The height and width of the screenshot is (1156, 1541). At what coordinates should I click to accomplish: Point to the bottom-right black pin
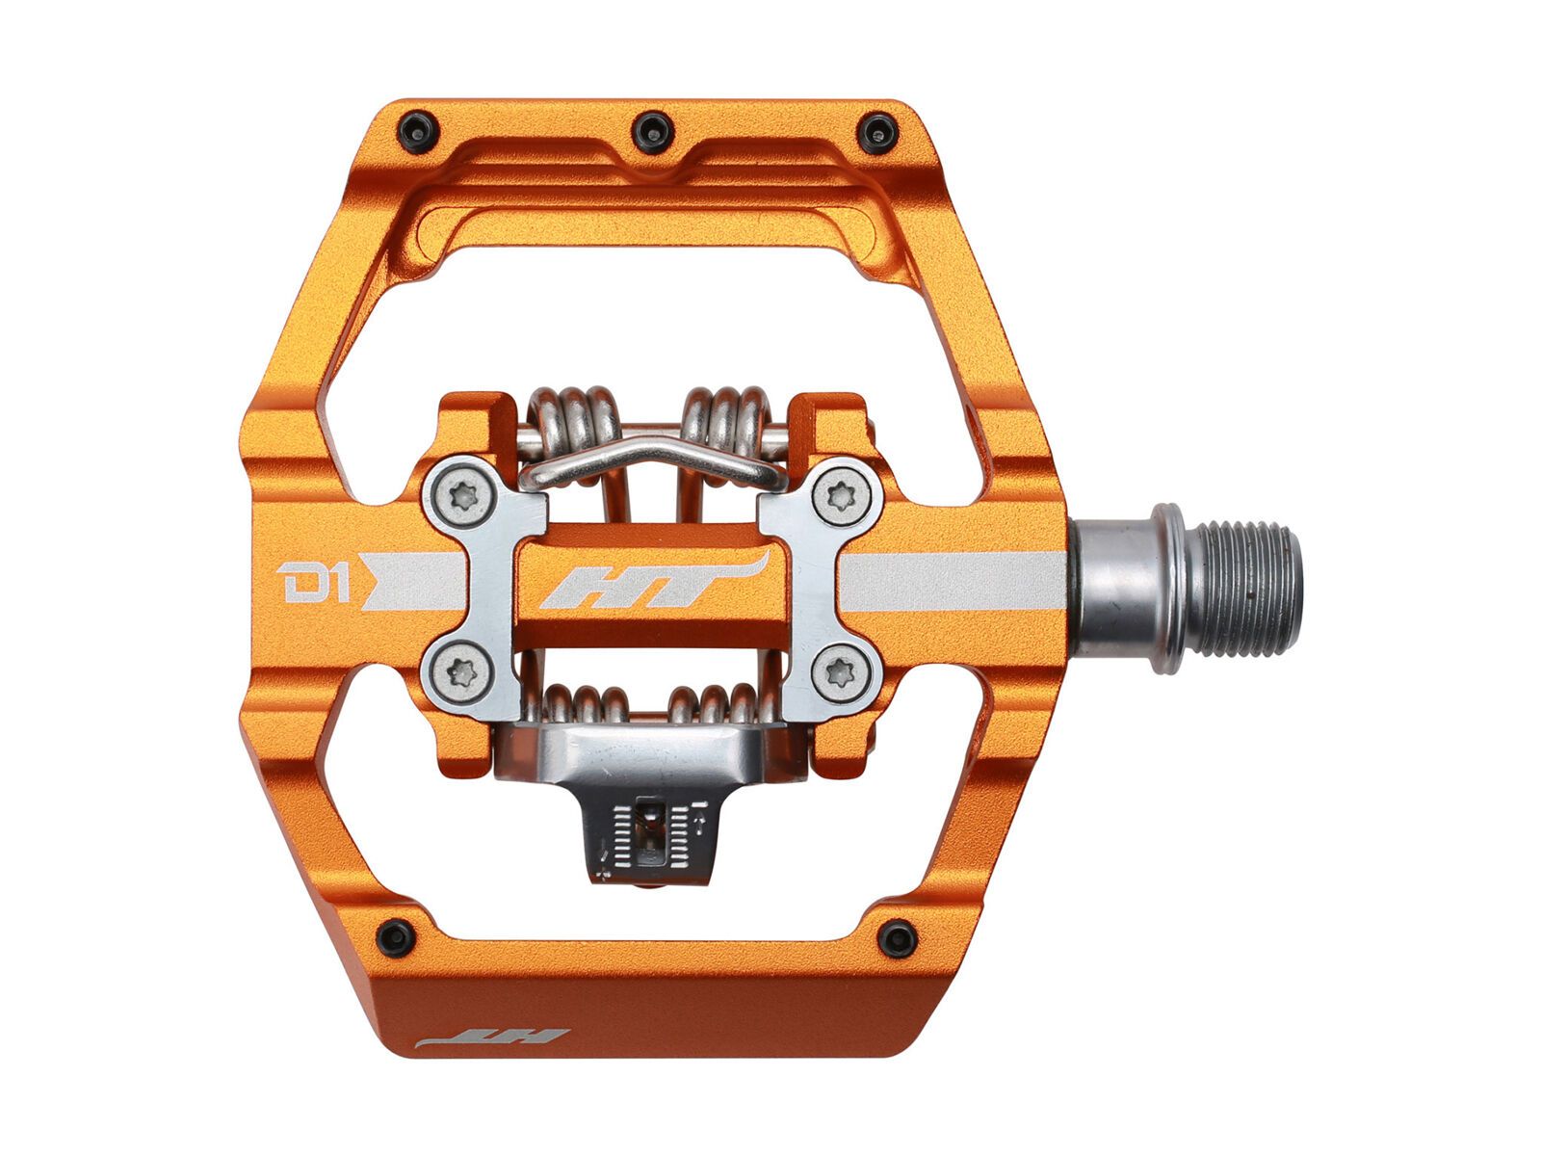coord(898,936)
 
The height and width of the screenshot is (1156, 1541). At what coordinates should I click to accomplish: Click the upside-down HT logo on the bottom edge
coord(493,1039)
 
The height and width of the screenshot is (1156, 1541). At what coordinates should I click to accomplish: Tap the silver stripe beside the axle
coord(953,584)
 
